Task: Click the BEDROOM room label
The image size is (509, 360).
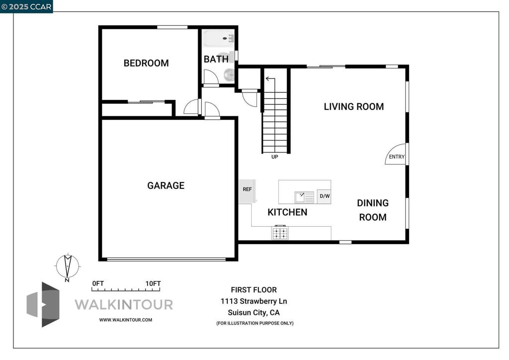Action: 146,63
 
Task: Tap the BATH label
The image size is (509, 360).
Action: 216,59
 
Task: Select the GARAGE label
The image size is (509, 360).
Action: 166,185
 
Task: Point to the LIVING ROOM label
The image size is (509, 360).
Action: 353,106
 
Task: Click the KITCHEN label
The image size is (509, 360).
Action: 287,212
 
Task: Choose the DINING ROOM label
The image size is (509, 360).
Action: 373,210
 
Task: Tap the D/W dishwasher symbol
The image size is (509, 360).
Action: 324,196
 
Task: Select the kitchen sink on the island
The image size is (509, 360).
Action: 304,197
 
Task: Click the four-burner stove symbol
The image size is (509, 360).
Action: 280,233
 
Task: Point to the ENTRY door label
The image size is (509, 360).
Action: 397,157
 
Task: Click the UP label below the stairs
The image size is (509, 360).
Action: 274,157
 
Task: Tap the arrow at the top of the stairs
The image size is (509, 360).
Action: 270,79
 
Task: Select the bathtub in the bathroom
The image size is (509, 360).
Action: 219,38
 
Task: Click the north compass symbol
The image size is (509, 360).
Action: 66,267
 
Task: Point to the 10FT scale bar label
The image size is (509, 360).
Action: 153,283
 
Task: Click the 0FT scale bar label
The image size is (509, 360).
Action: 98,283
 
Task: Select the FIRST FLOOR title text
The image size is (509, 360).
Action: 254,290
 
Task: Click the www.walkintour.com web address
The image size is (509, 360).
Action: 126,320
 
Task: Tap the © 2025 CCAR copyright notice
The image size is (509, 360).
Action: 26,6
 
